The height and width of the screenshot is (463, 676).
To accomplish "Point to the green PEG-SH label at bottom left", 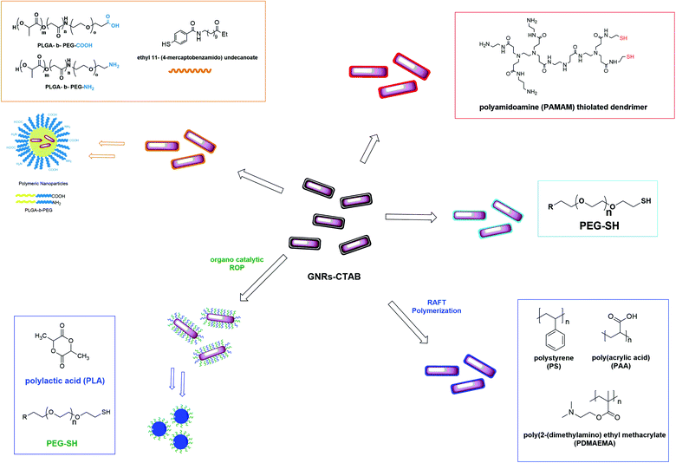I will coord(61,444).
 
